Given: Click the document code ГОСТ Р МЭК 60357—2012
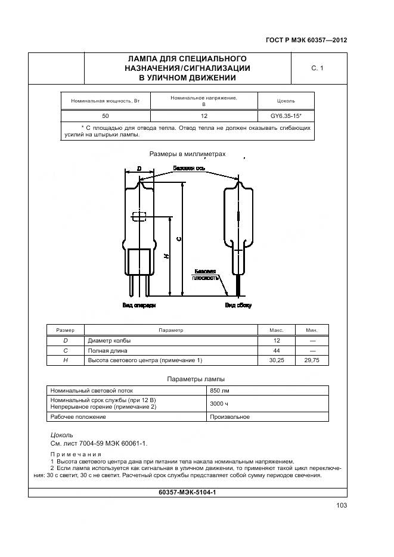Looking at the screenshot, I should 306,41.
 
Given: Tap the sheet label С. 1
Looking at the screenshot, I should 317,69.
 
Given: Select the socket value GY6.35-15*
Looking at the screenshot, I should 286,116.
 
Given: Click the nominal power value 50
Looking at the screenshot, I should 105,116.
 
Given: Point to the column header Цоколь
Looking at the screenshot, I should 286,101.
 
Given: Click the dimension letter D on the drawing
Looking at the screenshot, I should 139,169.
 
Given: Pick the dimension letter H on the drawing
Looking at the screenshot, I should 166,256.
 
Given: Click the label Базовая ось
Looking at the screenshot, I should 189,168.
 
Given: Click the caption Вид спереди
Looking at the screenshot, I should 139,306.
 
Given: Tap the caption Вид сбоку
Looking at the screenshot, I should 238,306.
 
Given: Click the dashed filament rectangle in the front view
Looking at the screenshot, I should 139,218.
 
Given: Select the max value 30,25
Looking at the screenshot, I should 277,360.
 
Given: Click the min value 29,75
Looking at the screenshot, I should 312,360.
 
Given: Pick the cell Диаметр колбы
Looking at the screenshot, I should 109,341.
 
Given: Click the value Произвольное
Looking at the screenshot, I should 229,417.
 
